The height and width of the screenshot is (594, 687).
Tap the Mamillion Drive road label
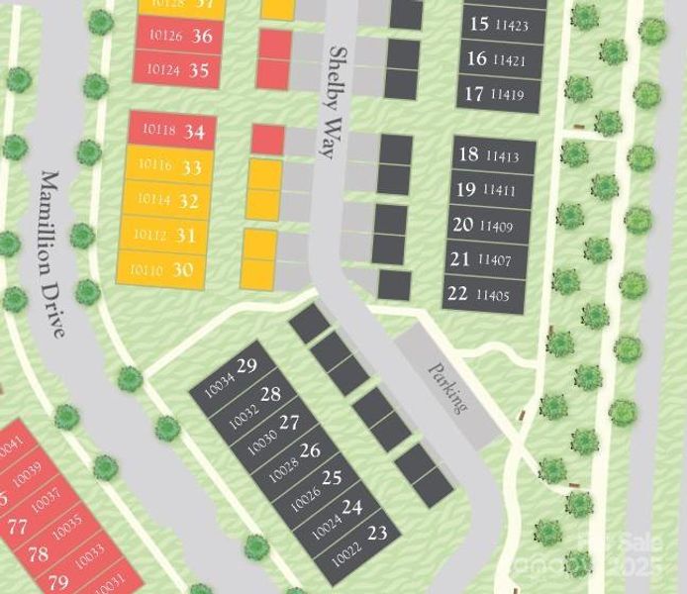click(52, 253)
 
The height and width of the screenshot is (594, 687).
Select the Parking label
click(447, 387)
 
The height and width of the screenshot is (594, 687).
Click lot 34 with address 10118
click(174, 131)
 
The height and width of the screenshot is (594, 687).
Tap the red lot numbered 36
click(177, 37)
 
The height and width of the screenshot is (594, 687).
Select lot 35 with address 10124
click(177, 70)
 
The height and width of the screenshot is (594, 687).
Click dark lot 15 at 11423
click(499, 25)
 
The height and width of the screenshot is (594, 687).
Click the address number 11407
click(495, 260)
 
